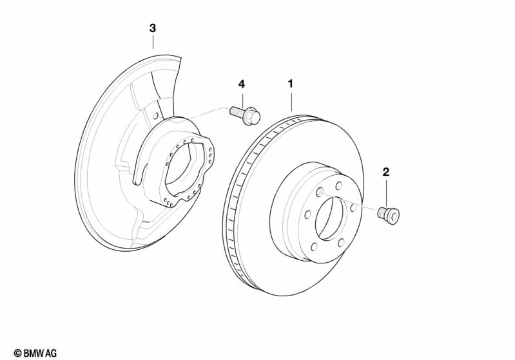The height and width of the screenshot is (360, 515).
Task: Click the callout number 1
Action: pos(290,84)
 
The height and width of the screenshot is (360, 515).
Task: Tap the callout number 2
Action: pos(386,172)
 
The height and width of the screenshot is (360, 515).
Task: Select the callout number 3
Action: pos(152,28)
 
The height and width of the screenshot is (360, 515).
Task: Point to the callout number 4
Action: pos(242,84)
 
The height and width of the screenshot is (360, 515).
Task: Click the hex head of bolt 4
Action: pos(253,117)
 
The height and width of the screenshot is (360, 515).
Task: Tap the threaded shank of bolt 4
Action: pos(237,112)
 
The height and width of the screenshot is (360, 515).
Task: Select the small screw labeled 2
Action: pos(389,214)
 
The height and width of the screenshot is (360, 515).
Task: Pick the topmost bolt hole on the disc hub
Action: pos(338,185)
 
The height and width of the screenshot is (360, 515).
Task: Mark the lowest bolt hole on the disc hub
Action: pos(314,247)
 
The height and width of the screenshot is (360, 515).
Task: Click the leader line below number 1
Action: pos(291,101)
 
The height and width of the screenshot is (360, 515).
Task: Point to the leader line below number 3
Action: pos(153,43)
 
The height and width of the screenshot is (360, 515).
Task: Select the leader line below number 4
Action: pos(242,99)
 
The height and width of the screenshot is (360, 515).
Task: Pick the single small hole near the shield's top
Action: pos(155,116)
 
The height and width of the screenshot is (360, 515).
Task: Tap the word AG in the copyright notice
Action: pos(51,353)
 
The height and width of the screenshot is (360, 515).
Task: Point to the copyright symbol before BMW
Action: pos(17,353)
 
